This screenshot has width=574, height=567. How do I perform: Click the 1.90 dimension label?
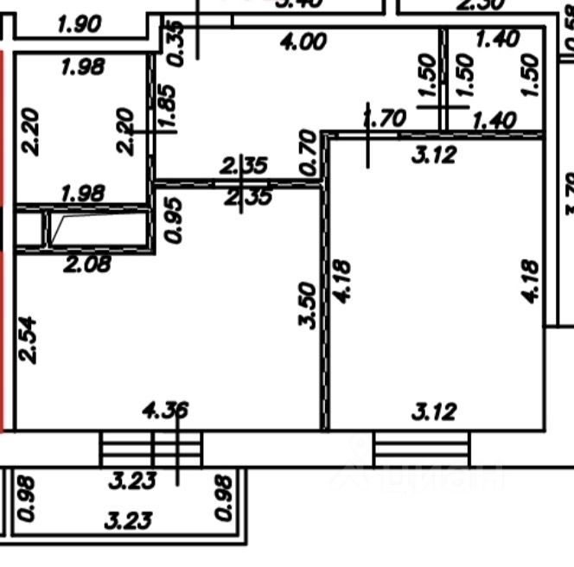[80, 25]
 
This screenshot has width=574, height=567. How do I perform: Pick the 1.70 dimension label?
[385, 119]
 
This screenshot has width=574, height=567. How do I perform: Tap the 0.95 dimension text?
[174, 221]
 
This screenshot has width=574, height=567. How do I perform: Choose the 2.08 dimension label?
[86, 264]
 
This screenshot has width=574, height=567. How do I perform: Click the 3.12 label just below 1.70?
[434, 156]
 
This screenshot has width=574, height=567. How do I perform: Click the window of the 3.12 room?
[423, 449]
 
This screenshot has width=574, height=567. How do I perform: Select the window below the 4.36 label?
[152, 449]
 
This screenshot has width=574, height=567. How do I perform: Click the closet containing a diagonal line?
[96, 228]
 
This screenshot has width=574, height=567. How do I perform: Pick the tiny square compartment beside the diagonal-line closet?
[29, 229]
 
